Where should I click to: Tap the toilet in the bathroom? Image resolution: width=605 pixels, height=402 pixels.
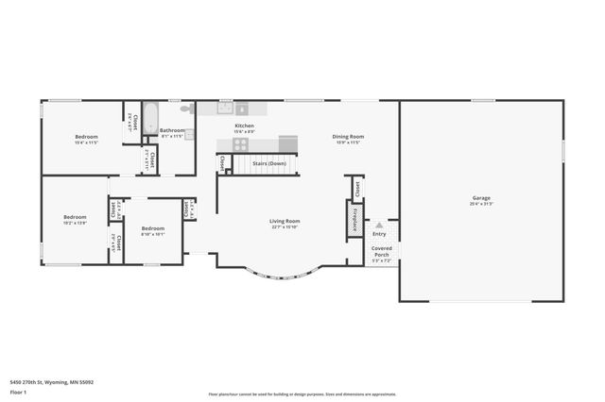point(185,109)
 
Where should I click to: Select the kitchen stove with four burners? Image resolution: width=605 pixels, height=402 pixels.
point(240,144)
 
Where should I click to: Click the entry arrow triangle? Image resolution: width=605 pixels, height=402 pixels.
point(379,226)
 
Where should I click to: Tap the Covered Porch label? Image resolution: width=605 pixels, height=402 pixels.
point(381,251)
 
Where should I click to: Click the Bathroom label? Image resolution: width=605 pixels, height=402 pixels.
point(172,133)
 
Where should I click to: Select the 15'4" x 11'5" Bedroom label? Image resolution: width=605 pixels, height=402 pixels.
point(86,140)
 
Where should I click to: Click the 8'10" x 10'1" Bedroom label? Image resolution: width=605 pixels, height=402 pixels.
point(152,230)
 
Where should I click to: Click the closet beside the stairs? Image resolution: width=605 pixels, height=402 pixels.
point(223,163)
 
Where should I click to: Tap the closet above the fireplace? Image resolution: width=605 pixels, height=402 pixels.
point(357,188)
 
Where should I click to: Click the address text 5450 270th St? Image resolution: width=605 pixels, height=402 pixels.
point(51,381)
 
